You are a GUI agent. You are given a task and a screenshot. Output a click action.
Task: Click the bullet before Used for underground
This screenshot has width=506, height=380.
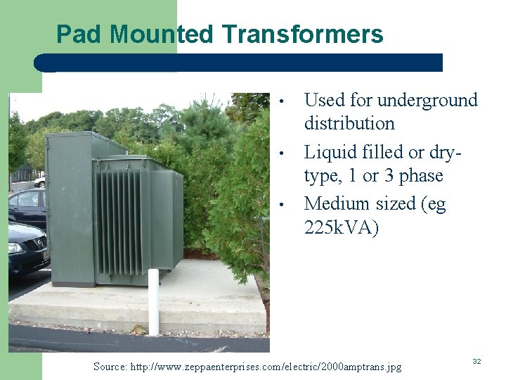pos(281,101)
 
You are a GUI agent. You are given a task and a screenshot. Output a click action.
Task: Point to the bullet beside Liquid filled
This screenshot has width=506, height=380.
pos(281,153)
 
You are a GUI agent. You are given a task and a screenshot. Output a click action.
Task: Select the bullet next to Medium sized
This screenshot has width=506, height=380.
pos(281,205)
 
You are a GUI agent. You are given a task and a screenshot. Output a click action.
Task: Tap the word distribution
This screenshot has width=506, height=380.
pos(349,124)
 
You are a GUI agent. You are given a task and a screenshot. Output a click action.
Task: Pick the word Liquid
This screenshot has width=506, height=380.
pos(327,153)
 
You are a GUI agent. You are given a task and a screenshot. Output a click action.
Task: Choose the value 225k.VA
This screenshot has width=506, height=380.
pos(341,228)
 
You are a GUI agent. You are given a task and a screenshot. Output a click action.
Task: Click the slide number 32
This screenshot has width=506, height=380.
pos(476,361)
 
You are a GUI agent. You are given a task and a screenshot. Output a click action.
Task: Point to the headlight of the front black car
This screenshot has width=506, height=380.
pos(15,248)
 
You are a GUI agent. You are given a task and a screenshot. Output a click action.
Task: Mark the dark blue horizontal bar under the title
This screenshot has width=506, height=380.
pos(239,63)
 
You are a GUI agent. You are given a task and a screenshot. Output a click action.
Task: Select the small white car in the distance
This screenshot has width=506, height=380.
pos(39,182)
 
